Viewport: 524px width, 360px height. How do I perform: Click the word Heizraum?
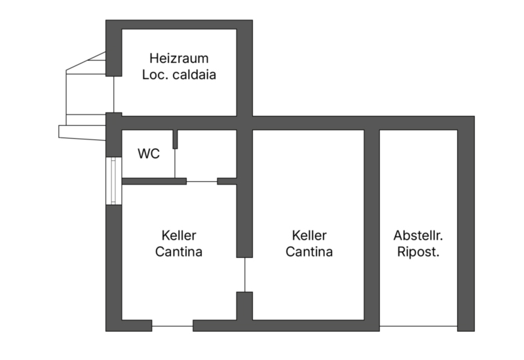(179, 58)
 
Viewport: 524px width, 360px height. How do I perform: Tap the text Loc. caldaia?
(179, 75)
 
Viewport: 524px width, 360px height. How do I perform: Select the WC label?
(149, 154)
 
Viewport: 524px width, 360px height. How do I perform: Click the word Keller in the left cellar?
(179, 236)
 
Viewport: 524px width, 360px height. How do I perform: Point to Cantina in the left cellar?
(179, 251)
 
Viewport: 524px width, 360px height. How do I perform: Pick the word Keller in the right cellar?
(309, 236)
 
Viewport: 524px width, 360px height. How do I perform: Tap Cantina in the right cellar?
(309, 251)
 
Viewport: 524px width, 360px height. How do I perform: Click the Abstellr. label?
(418, 236)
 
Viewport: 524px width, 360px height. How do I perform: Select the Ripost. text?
(418, 251)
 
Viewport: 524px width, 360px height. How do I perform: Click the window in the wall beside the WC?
(113, 181)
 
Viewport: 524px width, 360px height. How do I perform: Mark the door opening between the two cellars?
(244, 275)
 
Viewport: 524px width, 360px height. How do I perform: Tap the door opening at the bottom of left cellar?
(172, 326)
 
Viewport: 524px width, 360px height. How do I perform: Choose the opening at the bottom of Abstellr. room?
(419, 326)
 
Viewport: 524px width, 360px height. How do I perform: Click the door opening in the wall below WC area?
(202, 181)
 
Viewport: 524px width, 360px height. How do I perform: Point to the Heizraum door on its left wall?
(113, 94)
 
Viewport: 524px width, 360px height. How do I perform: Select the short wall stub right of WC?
(175, 139)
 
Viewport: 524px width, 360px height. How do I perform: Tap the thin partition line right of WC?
(175, 164)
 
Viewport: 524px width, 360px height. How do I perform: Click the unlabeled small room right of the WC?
(206, 154)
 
